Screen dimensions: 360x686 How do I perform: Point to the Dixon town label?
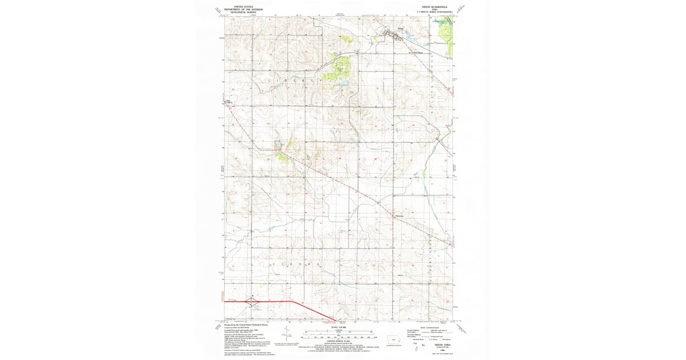(x=393, y=30)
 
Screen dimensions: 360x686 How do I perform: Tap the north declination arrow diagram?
(x=284, y=337)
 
